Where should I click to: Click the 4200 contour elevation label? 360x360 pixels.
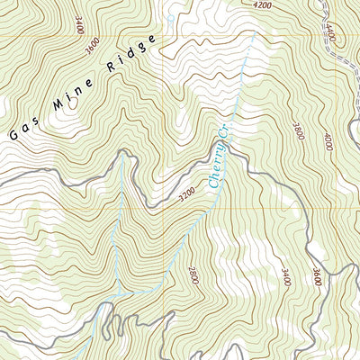(262, 5)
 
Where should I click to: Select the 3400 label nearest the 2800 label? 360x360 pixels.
(285, 275)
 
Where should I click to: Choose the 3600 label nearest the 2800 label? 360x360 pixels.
(316, 277)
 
